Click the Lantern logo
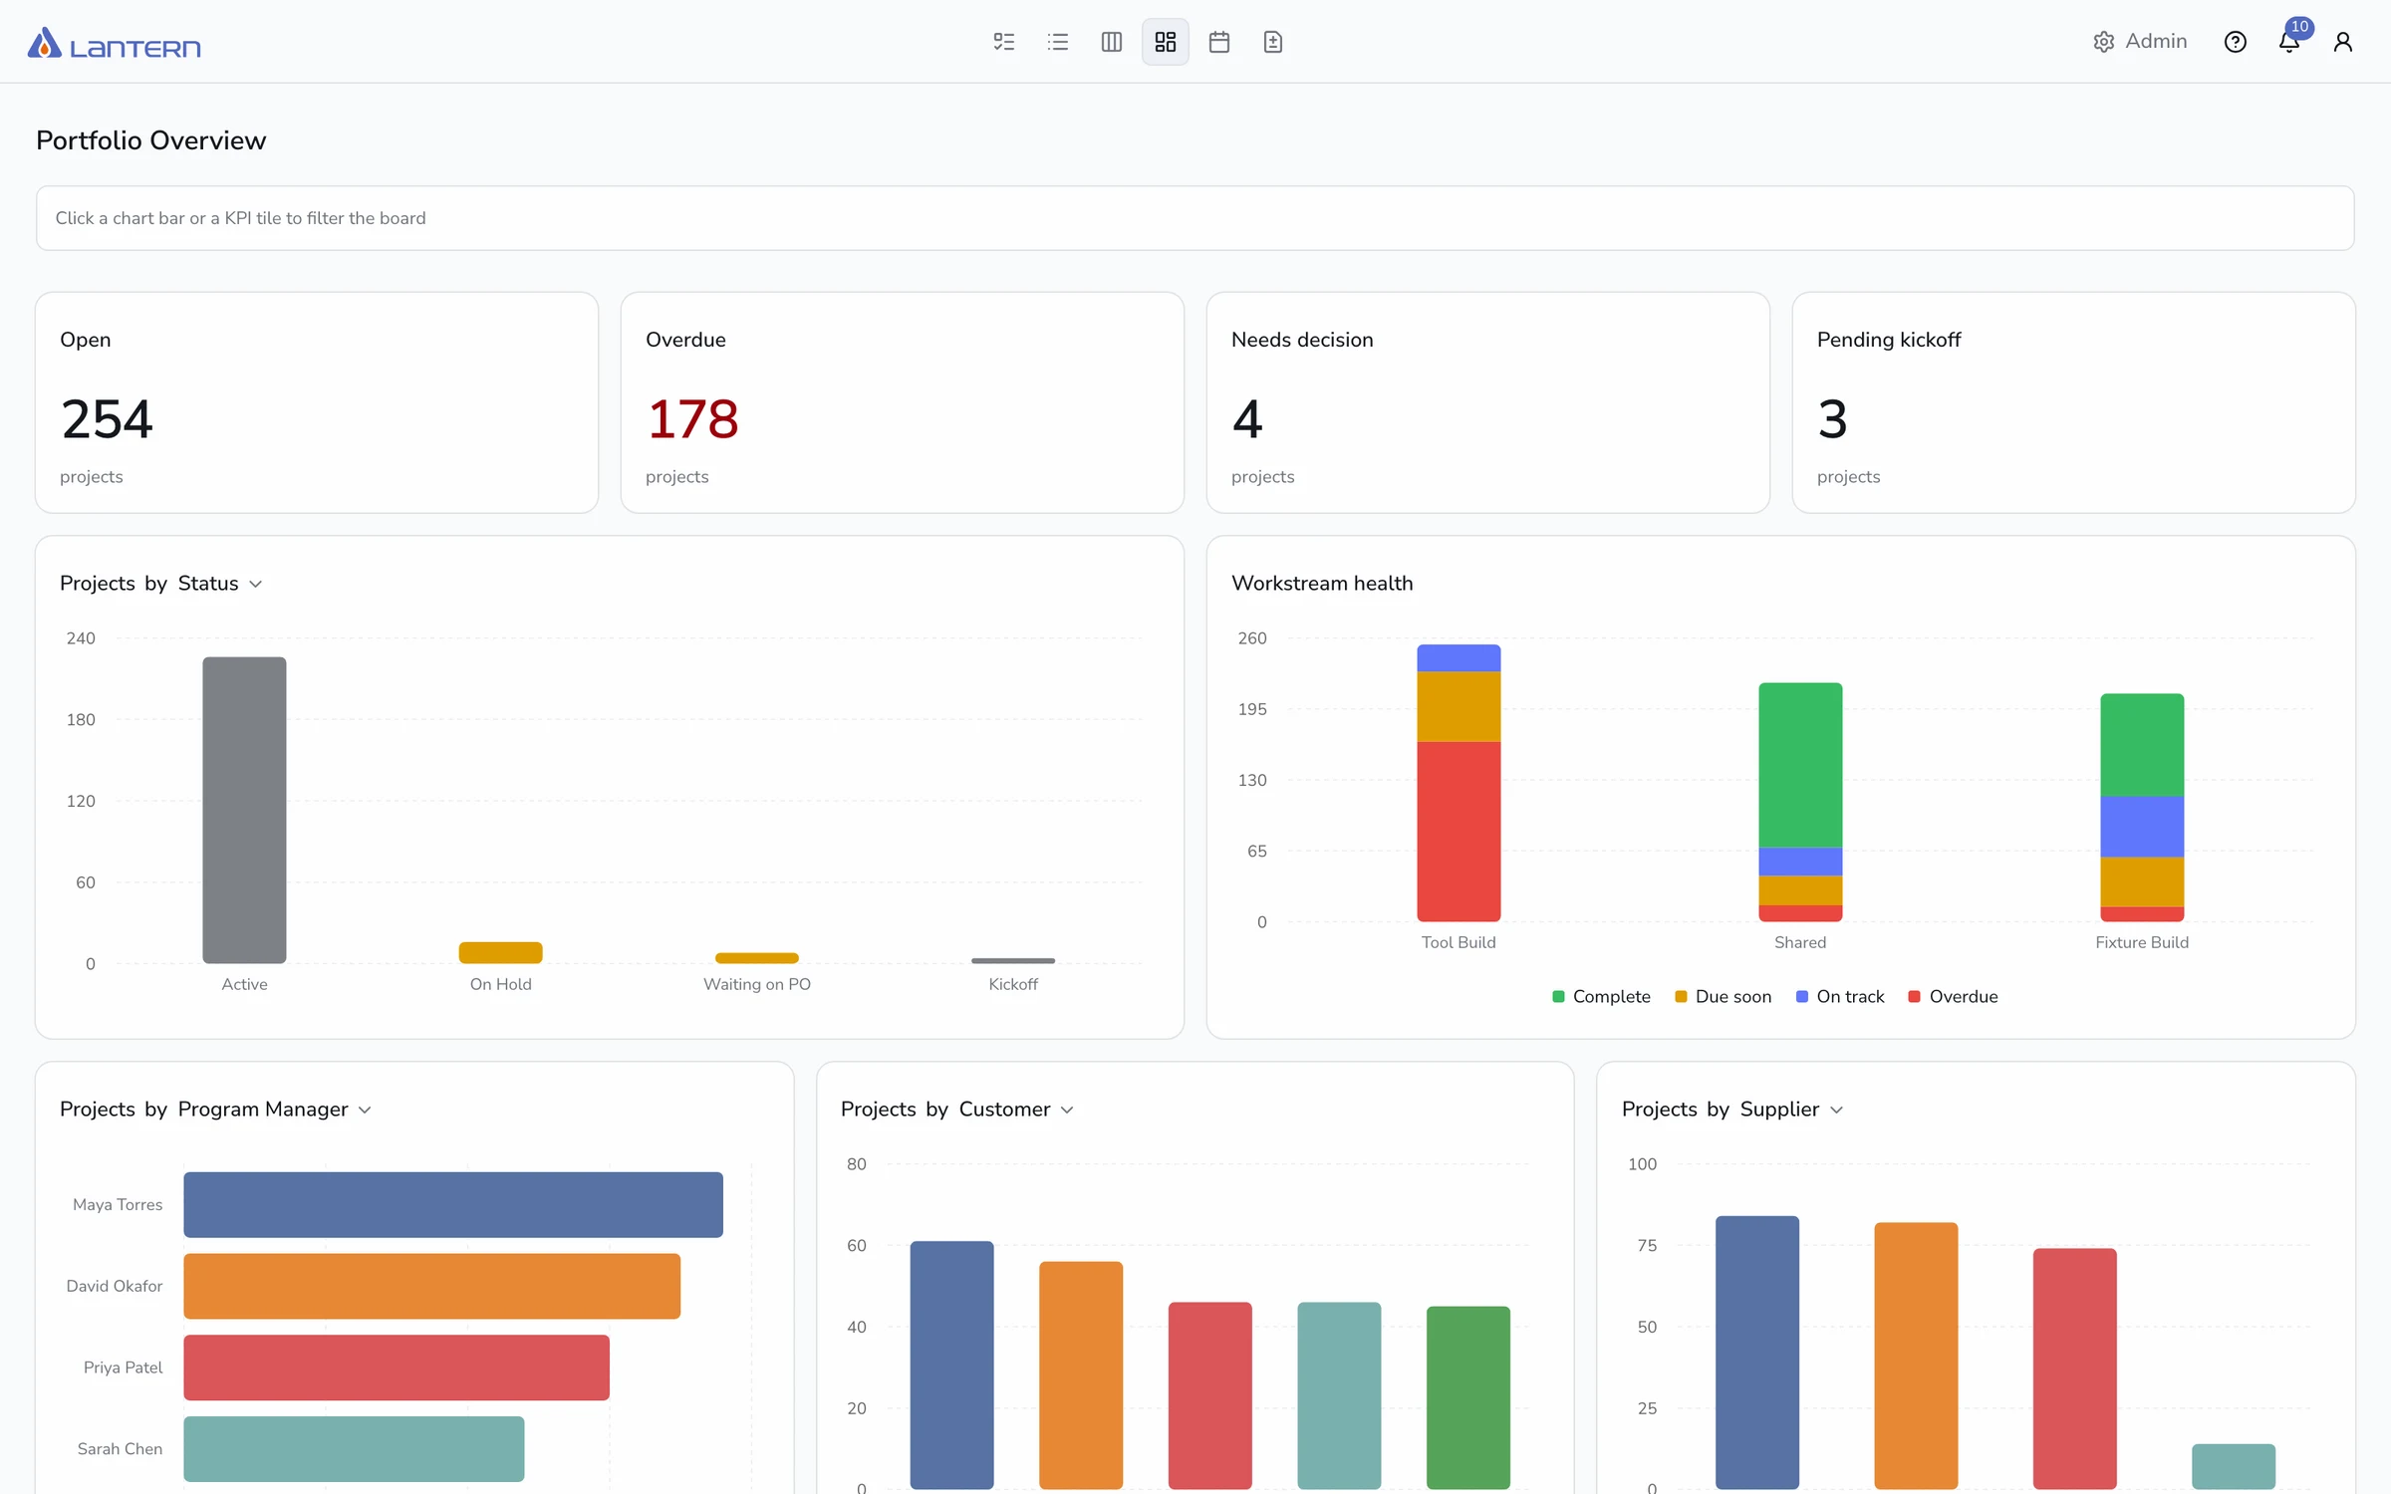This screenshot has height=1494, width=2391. (x=114, y=43)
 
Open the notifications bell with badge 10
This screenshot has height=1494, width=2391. (x=2289, y=42)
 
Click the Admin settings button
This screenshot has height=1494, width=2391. (x=2140, y=42)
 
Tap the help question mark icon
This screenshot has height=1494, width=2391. (x=2236, y=42)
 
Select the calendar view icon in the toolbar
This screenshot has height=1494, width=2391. (x=1219, y=42)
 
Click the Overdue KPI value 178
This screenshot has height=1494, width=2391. (x=693, y=418)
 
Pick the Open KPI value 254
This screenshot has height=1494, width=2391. (x=107, y=418)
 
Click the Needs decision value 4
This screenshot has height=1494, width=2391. (x=1247, y=418)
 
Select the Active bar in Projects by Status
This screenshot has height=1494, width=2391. (x=244, y=810)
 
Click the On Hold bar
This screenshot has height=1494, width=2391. (x=500, y=952)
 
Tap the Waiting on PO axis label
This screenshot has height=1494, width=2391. (x=757, y=984)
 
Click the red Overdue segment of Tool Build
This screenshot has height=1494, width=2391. (x=1459, y=832)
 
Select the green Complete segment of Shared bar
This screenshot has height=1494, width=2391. (x=1800, y=765)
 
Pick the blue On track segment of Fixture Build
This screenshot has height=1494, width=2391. (x=2142, y=827)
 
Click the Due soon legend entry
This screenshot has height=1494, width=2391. (x=1724, y=997)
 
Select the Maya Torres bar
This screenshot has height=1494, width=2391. (x=453, y=1205)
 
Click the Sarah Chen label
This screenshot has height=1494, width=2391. (x=120, y=1449)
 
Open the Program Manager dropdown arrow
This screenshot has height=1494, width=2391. (x=365, y=1111)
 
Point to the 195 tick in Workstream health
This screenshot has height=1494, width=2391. (x=1252, y=709)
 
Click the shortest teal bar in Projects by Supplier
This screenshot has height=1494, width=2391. (x=2234, y=1466)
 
